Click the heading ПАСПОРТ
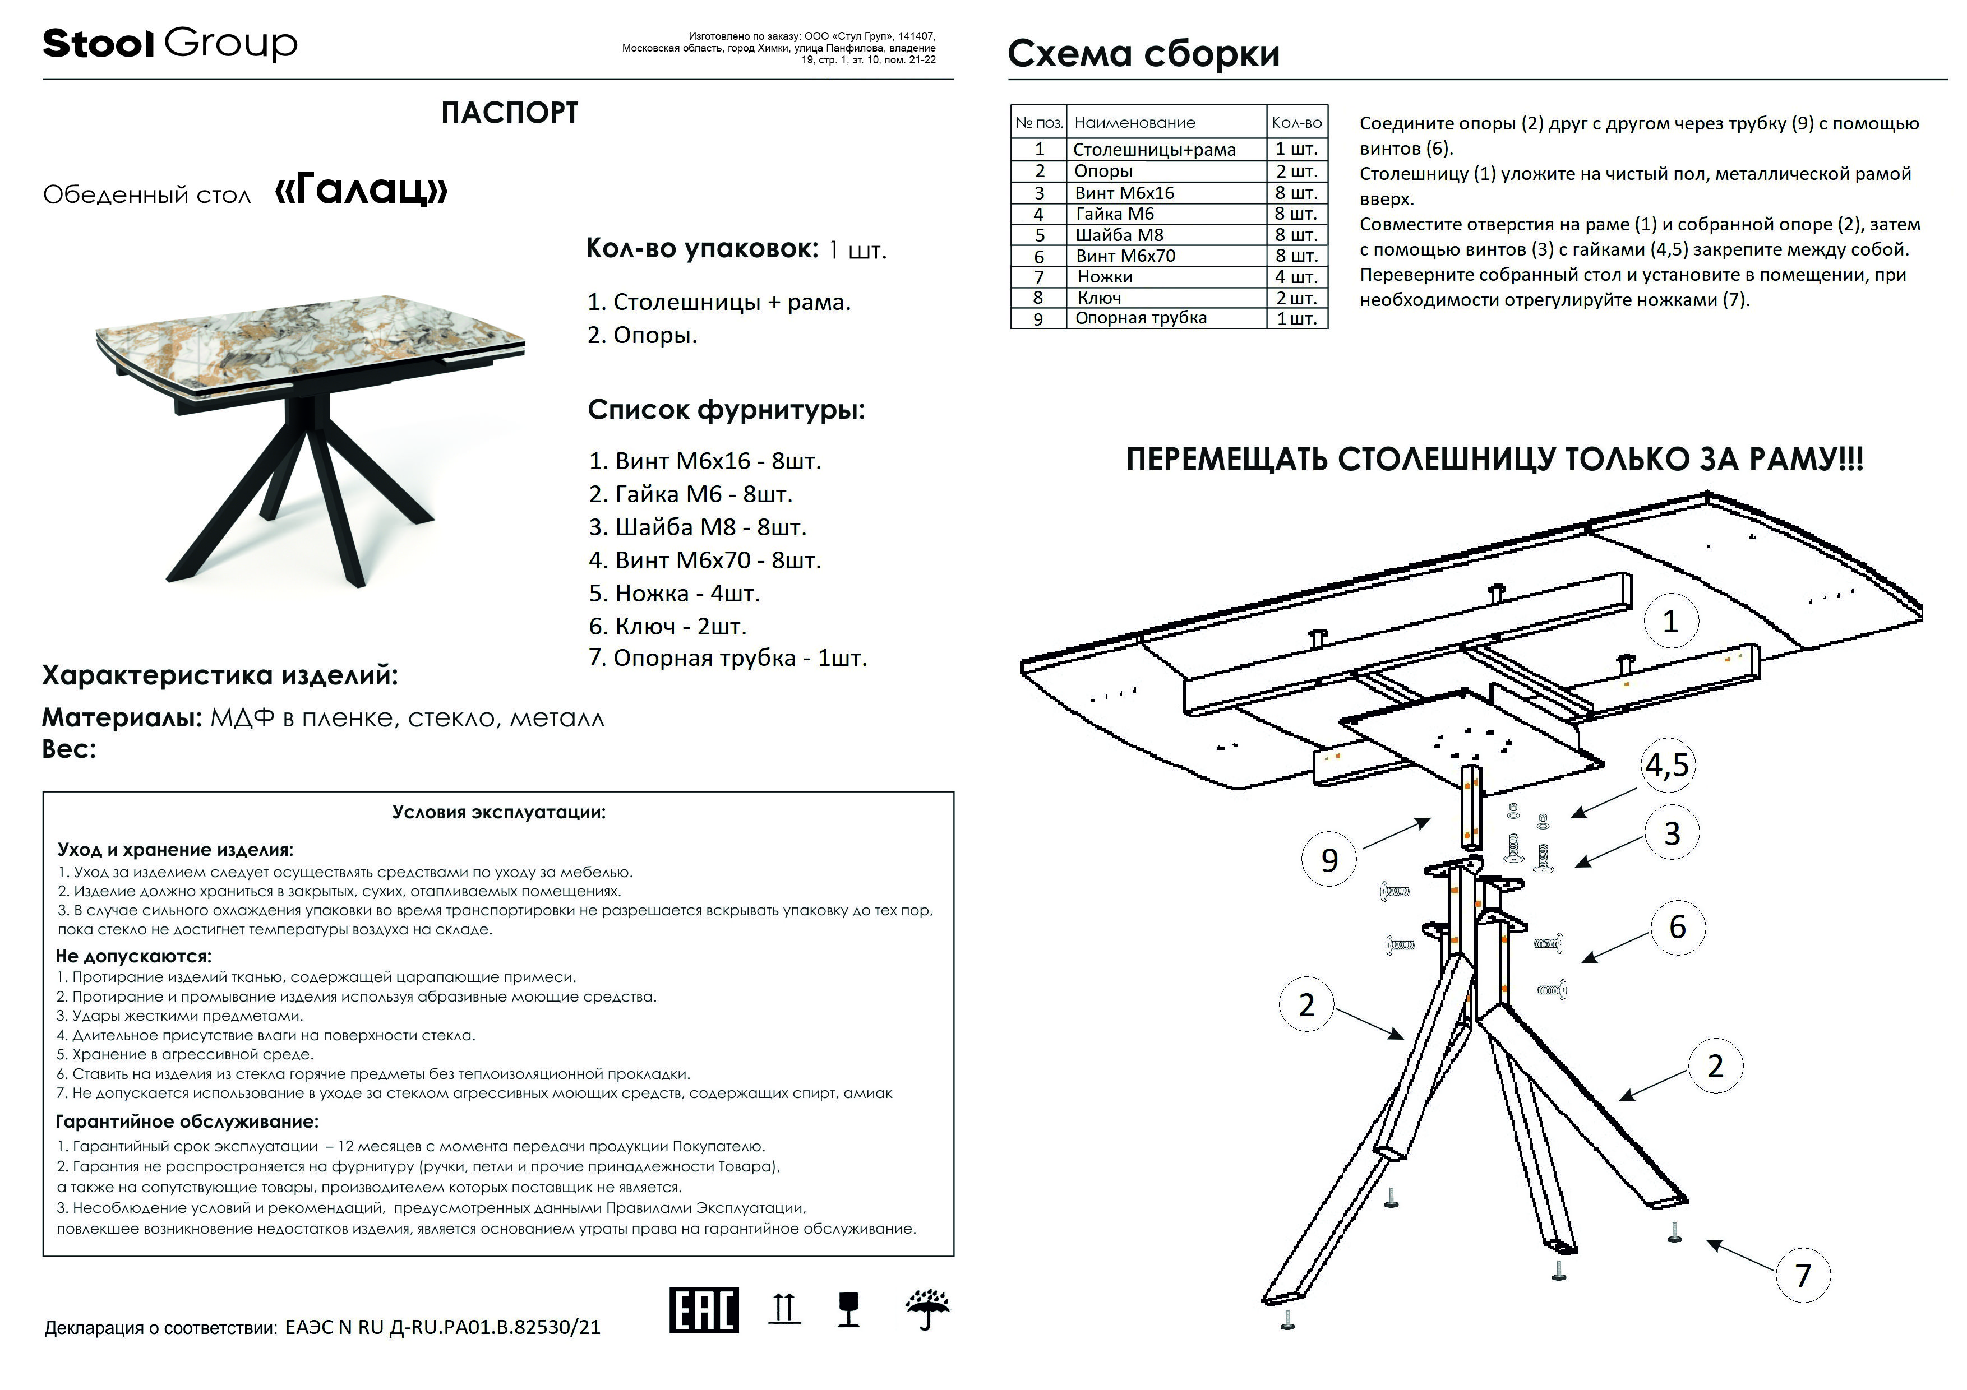(x=509, y=113)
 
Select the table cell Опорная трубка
(x=1141, y=318)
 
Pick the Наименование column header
(x=1134, y=123)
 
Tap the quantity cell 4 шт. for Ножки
(x=1295, y=277)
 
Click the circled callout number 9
(x=1329, y=859)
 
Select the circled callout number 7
(x=1803, y=1275)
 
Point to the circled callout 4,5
(x=1666, y=765)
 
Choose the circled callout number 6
(x=1677, y=926)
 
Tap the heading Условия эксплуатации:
(x=498, y=812)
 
